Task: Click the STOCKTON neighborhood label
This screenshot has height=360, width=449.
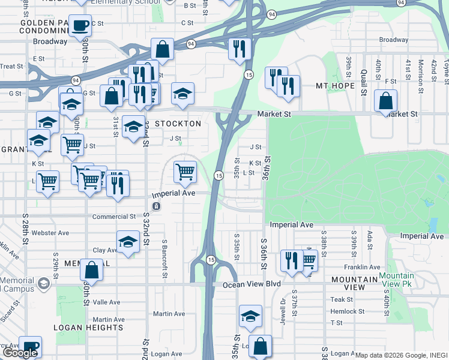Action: point(178,123)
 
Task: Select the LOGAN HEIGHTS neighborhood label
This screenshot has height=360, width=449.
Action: point(88,328)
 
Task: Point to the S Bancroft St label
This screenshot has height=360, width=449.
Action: point(164,259)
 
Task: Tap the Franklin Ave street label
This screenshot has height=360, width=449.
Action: point(362,267)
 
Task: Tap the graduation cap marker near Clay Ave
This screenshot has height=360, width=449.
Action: point(128,242)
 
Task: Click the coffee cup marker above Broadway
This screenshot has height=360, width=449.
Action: point(80,26)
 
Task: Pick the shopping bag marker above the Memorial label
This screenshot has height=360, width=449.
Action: point(91,270)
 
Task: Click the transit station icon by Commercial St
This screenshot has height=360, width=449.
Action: point(156,206)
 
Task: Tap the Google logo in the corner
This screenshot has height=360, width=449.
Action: point(19,353)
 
